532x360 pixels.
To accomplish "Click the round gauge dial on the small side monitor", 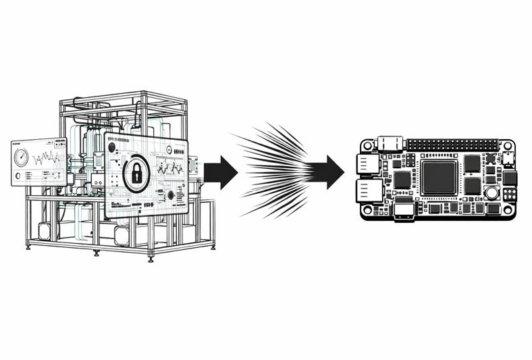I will point(22,160).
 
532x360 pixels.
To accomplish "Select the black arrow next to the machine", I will point(220,172).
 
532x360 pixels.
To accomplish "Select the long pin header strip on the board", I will point(452,145).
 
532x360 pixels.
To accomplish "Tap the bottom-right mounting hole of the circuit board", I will point(508,209).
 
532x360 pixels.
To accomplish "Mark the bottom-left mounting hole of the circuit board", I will point(366,209).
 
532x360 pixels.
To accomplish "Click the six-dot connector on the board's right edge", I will point(510,194).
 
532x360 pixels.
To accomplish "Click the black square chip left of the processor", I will point(402,179).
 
